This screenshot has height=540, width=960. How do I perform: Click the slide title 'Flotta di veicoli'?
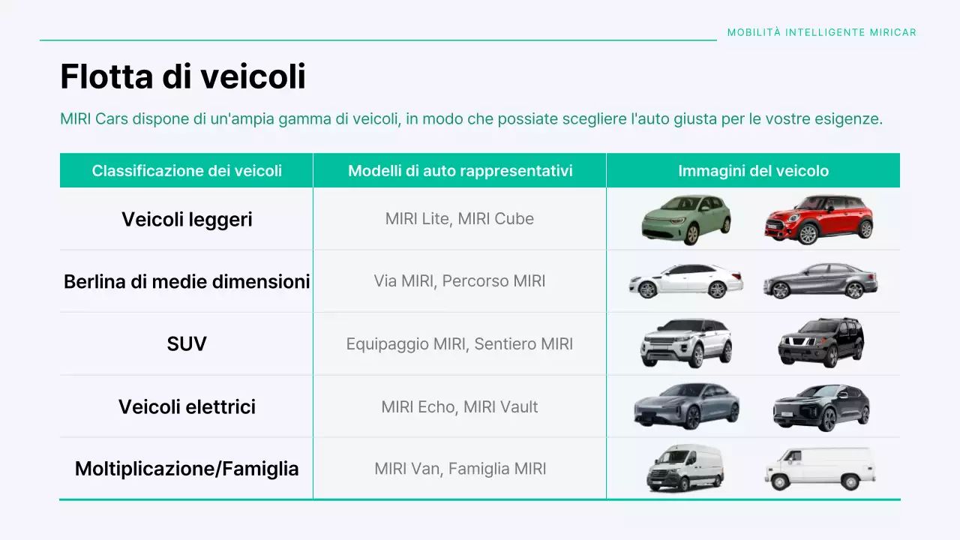[x=182, y=76]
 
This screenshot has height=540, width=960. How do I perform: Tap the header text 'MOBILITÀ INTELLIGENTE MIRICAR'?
[x=821, y=33]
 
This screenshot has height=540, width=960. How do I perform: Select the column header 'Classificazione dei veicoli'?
[x=187, y=171]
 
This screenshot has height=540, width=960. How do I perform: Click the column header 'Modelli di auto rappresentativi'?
[x=460, y=171]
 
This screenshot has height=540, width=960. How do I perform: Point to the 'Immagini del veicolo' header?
[x=753, y=171]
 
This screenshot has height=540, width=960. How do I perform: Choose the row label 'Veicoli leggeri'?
[x=187, y=219]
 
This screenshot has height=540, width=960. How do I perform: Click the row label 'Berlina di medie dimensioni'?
[x=187, y=281]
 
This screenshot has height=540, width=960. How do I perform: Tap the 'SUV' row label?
[x=187, y=344]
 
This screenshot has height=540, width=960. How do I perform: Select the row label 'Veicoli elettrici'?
[x=187, y=406]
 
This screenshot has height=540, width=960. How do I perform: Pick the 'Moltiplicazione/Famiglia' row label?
[x=187, y=469]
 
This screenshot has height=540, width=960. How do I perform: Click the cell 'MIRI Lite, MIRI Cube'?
[x=460, y=219]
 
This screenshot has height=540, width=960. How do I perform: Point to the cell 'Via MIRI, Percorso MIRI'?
[x=460, y=281]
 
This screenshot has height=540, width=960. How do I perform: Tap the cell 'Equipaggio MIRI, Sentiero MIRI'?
[x=460, y=344]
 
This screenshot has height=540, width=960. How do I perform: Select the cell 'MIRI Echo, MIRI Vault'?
[x=460, y=406]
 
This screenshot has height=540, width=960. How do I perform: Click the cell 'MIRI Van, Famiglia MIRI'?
[x=460, y=469]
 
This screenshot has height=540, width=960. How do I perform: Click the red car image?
[x=819, y=219]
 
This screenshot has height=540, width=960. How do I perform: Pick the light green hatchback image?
[x=685, y=219]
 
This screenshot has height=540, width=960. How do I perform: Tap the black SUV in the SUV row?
[x=820, y=343]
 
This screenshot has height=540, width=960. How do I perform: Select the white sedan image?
[x=685, y=281]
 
